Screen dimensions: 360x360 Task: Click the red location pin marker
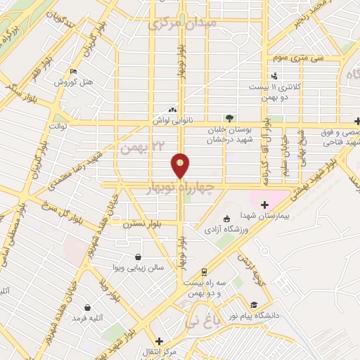(x=181, y=165)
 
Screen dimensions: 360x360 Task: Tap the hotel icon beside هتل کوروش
(x=75, y=72)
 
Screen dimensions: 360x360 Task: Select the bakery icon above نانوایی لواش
(x=172, y=110)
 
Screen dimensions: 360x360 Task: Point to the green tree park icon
(x=228, y=118)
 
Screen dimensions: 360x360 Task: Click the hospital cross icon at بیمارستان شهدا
(x=264, y=205)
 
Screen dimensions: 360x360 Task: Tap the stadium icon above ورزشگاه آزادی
(x=226, y=218)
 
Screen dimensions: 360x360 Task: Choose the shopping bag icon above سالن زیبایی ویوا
(x=138, y=257)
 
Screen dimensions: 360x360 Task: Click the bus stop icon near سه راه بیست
(x=204, y=271)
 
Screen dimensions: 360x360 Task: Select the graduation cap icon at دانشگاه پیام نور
(x=254, y=305)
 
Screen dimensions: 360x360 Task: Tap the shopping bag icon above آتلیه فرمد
(x=88, y=307)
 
